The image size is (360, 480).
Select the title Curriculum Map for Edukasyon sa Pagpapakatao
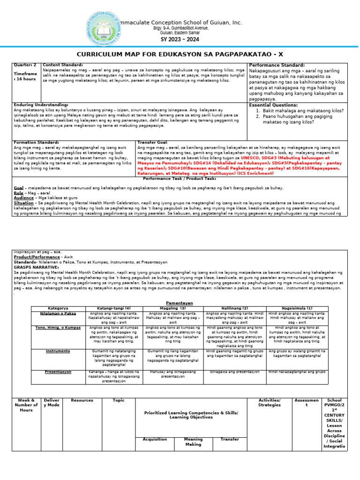coord(180,54)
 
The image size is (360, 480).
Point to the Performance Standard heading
coord(277,65)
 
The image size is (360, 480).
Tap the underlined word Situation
coord(23,203)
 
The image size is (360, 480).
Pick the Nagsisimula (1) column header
coord(297,308)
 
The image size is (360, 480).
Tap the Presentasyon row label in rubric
coord(58,372)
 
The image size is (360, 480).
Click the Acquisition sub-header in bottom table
coord(155,439)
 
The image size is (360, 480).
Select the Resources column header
coord(82,400)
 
